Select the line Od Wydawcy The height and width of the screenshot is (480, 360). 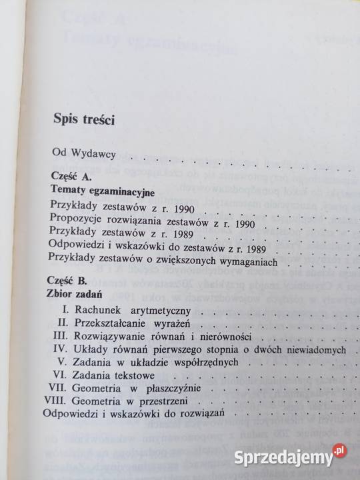coord(85,155)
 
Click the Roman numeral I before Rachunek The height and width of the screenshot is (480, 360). coord(66,310)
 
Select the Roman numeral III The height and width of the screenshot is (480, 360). coord(62,335)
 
